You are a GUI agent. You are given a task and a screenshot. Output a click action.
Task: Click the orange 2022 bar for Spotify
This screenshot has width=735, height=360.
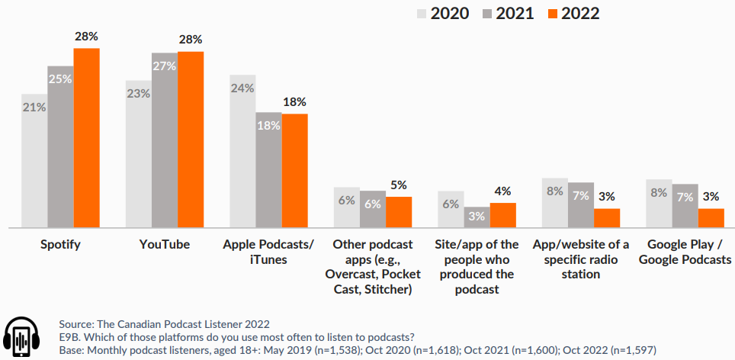[x=87, y=138]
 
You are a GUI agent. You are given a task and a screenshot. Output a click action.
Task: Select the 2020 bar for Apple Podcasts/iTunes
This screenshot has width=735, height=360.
[x=242, y=152]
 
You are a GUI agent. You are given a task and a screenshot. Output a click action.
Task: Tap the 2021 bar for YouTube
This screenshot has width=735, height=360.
[x=165, y=140]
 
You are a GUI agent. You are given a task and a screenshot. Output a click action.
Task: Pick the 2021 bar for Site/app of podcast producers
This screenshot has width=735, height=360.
[x=477, y=217]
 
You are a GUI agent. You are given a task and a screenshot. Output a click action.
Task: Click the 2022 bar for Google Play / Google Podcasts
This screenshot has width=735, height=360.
[x=711, y=218]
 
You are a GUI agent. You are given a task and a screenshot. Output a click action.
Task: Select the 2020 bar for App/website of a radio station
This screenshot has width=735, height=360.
[x=555, y=203]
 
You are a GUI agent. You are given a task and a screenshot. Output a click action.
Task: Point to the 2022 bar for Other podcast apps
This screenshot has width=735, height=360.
[x=399, y=212]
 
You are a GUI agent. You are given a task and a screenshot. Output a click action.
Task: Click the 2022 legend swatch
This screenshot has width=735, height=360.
[x=553, y=14]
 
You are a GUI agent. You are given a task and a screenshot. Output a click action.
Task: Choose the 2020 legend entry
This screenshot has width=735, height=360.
[x=443, y=14]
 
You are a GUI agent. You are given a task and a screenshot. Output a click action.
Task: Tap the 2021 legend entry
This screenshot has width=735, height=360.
[x=508, y=14]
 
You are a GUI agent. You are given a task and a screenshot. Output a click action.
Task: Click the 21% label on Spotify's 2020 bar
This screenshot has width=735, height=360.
[x=34, y=108]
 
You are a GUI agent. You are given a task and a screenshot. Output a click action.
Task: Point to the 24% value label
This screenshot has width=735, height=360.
[x=242, y=88]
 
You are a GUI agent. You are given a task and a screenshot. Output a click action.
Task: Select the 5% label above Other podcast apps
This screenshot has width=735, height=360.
[x=399, y=185]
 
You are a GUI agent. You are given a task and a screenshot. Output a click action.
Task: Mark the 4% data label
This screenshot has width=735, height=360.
[x=502, y=191]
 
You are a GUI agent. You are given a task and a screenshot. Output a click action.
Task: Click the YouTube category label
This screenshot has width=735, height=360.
[x=165, y=244]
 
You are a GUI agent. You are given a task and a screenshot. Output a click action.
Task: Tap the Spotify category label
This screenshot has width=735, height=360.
[x=60, y=245]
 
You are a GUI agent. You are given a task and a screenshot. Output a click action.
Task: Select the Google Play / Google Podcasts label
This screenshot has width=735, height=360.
[x=685, y=252]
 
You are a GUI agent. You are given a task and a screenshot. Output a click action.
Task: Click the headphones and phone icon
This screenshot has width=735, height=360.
[x=21, y=337]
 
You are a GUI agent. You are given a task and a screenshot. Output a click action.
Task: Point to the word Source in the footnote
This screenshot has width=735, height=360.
[x=76, y=324]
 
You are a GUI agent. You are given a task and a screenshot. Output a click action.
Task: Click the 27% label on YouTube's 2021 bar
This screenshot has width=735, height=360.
[x=164, y=66]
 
